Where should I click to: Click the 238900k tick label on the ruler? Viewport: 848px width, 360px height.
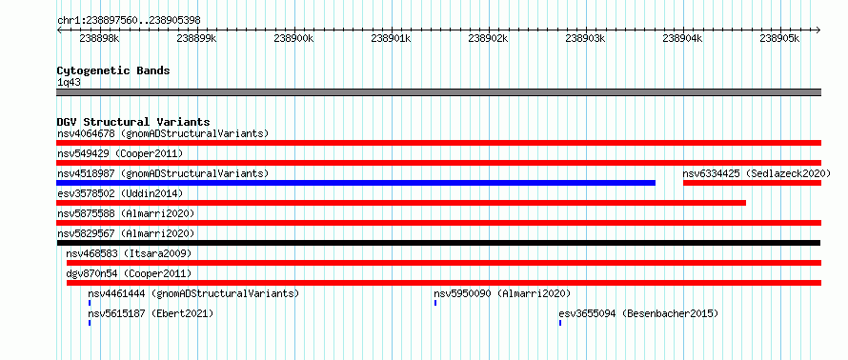[293, 38]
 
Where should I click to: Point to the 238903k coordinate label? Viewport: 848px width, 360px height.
[585, 38]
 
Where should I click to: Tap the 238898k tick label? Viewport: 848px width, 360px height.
[99, 38]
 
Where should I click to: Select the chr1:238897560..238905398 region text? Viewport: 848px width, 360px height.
[129, 21]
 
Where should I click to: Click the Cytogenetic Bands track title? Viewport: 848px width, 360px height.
[113, 70]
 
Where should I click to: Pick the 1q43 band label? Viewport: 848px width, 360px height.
[70, 83]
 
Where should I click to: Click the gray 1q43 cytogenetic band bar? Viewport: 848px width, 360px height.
[438, 92]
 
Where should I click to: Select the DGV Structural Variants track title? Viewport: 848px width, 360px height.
[133, 122]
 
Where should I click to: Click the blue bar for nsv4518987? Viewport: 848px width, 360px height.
[355, 183]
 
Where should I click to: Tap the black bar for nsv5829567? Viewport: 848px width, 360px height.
[438, 243]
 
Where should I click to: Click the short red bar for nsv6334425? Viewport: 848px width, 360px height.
[753, 183]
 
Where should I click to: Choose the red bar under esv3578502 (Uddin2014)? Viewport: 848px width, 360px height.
[401, 203]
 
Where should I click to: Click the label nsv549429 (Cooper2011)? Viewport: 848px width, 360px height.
[120, 153]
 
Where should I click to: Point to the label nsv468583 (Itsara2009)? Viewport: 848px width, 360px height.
[129, 253]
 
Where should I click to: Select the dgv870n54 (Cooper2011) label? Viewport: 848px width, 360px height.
[129, 273]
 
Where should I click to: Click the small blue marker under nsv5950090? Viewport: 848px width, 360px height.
[435, 303]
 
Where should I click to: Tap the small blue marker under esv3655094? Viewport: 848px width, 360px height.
[560, 323]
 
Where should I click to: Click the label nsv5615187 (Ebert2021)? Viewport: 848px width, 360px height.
[151, 313]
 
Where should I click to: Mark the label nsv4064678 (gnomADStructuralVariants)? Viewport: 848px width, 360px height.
[163, 133]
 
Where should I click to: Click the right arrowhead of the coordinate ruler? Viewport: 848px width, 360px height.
[818, 30]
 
